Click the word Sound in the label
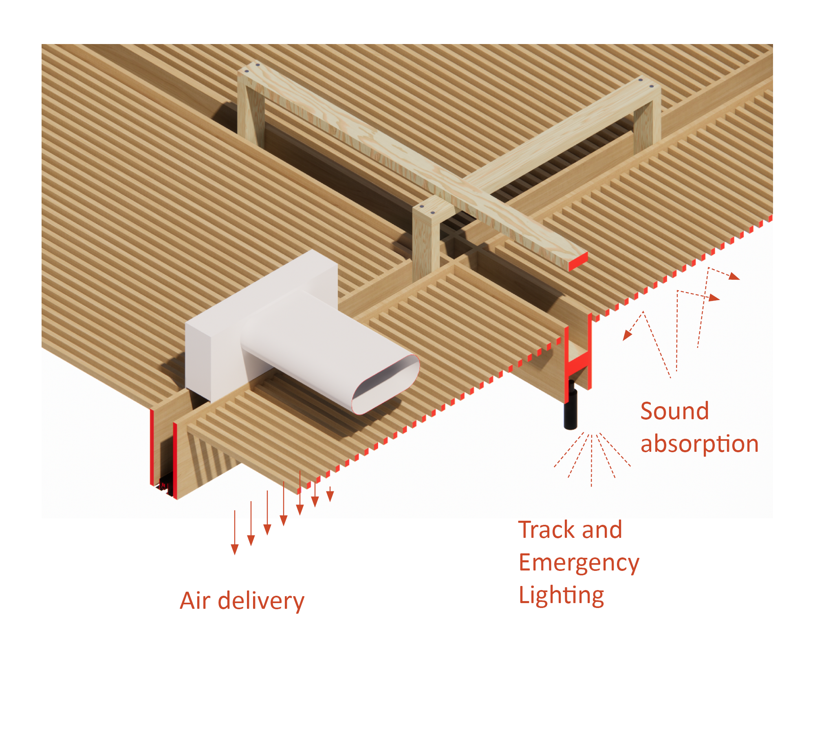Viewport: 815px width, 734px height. pos(674,411)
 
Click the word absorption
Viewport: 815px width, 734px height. pos(699,444)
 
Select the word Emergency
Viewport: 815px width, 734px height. pos(579,564)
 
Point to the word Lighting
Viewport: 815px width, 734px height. pos(561,596)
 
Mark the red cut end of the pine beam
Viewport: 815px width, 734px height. pos(578,261)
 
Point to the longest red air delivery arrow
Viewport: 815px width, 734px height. pos(235,532)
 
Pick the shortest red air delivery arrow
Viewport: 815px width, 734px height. pos(330,494)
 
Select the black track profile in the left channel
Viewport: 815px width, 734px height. pos(165,485)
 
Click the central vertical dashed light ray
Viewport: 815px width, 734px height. pos(591,461)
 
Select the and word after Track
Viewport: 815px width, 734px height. pos(602,530)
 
